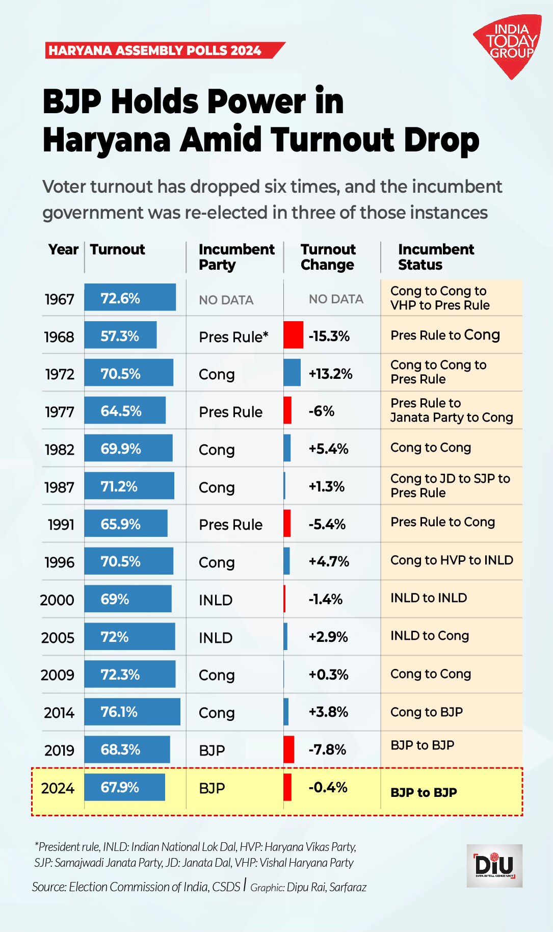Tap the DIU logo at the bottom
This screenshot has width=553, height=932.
click(x=494, y=865)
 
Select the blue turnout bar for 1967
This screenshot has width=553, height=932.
click(x=130, y=297)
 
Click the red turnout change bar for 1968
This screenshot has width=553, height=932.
click(x=293, y=335)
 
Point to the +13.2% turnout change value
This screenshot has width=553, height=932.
click(x=330, y=374)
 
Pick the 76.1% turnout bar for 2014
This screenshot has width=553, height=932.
click(x=132, y=712)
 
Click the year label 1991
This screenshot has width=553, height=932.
click(x=61, y=525)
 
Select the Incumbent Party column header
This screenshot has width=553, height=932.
click(x=236, y=257)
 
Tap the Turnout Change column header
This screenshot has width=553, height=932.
click(x=328, y=257)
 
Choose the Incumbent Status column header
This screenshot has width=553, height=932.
click(x=436, y=257)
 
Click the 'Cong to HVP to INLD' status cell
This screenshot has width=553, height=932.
click(x=451, y=560)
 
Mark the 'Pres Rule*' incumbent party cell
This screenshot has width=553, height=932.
click(x=233, y=337)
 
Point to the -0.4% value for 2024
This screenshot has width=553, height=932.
click(x=328, y=787)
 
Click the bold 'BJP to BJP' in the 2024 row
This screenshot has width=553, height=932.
click(x=424, y=792)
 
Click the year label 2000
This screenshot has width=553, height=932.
click(x=57, y=600)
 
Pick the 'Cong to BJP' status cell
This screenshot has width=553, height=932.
click(x=426, y=712)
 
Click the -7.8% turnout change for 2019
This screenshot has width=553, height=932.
click(x=327, y=749)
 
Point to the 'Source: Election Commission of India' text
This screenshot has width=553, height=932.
click(x=136, y=887)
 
